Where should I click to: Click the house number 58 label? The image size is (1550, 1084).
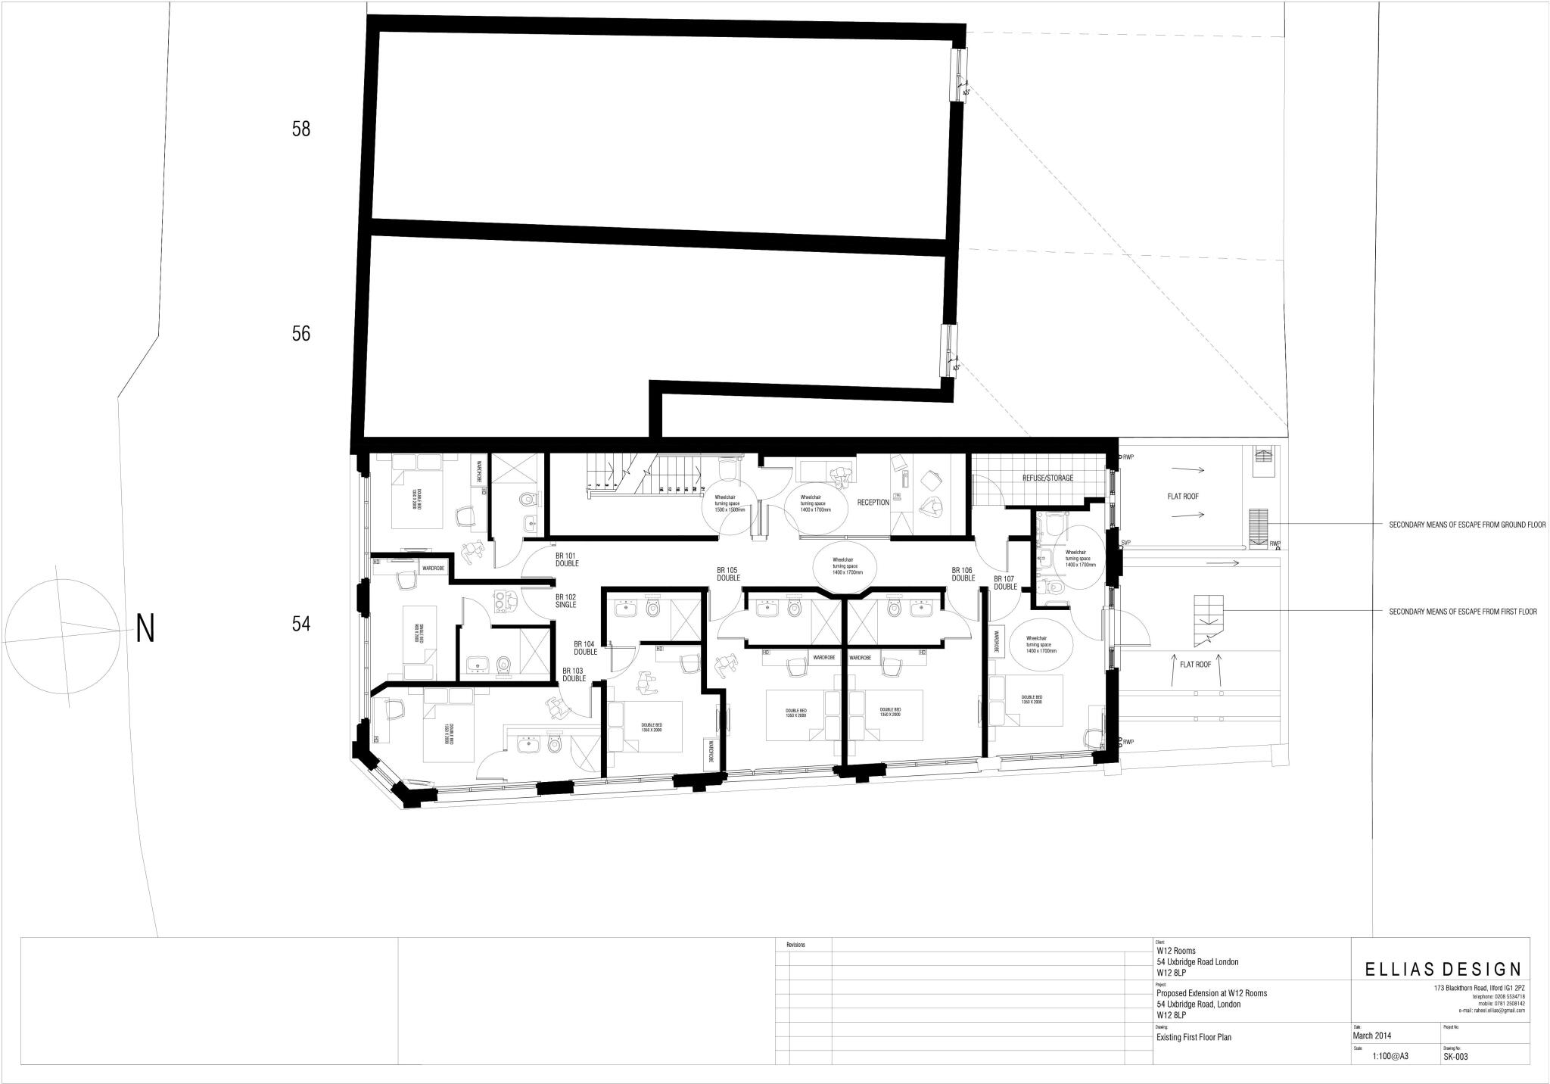coord(301,129)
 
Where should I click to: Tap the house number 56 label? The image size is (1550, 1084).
coord(301,334)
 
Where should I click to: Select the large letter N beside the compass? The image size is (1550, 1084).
coord(145,628)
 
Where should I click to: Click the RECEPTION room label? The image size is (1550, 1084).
coord(873,503)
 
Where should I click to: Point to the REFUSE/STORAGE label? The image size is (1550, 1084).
coord(1047,478)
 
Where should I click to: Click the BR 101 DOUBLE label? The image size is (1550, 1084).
coord(566,559)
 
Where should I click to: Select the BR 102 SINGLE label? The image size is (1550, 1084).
coord(565,600)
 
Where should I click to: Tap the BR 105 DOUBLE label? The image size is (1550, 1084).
coord(728,574)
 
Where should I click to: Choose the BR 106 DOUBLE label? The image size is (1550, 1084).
coord(963,574)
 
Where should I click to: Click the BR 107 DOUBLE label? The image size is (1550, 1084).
coord(1005,583)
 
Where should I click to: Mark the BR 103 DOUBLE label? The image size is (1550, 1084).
coord(574,674)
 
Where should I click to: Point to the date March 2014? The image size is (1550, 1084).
coord(1371,1036)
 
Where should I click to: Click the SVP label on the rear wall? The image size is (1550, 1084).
coord(1126,543)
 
